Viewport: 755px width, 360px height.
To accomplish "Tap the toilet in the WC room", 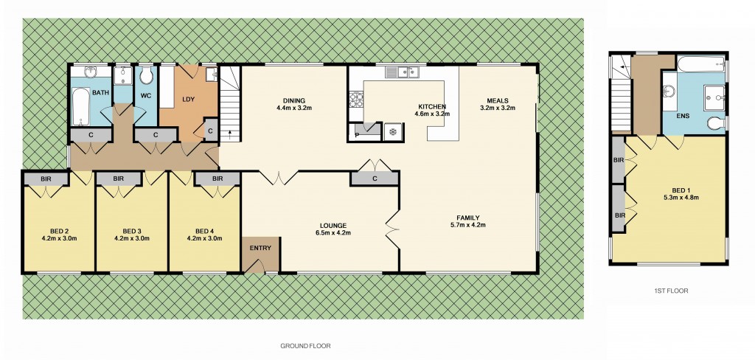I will click(146, 76).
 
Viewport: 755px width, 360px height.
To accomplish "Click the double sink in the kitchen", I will click(402, 72).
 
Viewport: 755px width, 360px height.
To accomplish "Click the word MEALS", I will click(497, 100).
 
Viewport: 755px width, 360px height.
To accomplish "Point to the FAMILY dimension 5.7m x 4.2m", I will click(467, 225).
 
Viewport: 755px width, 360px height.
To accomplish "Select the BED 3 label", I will click(132, 230).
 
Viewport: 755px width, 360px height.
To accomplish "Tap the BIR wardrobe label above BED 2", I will click(45, 179).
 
